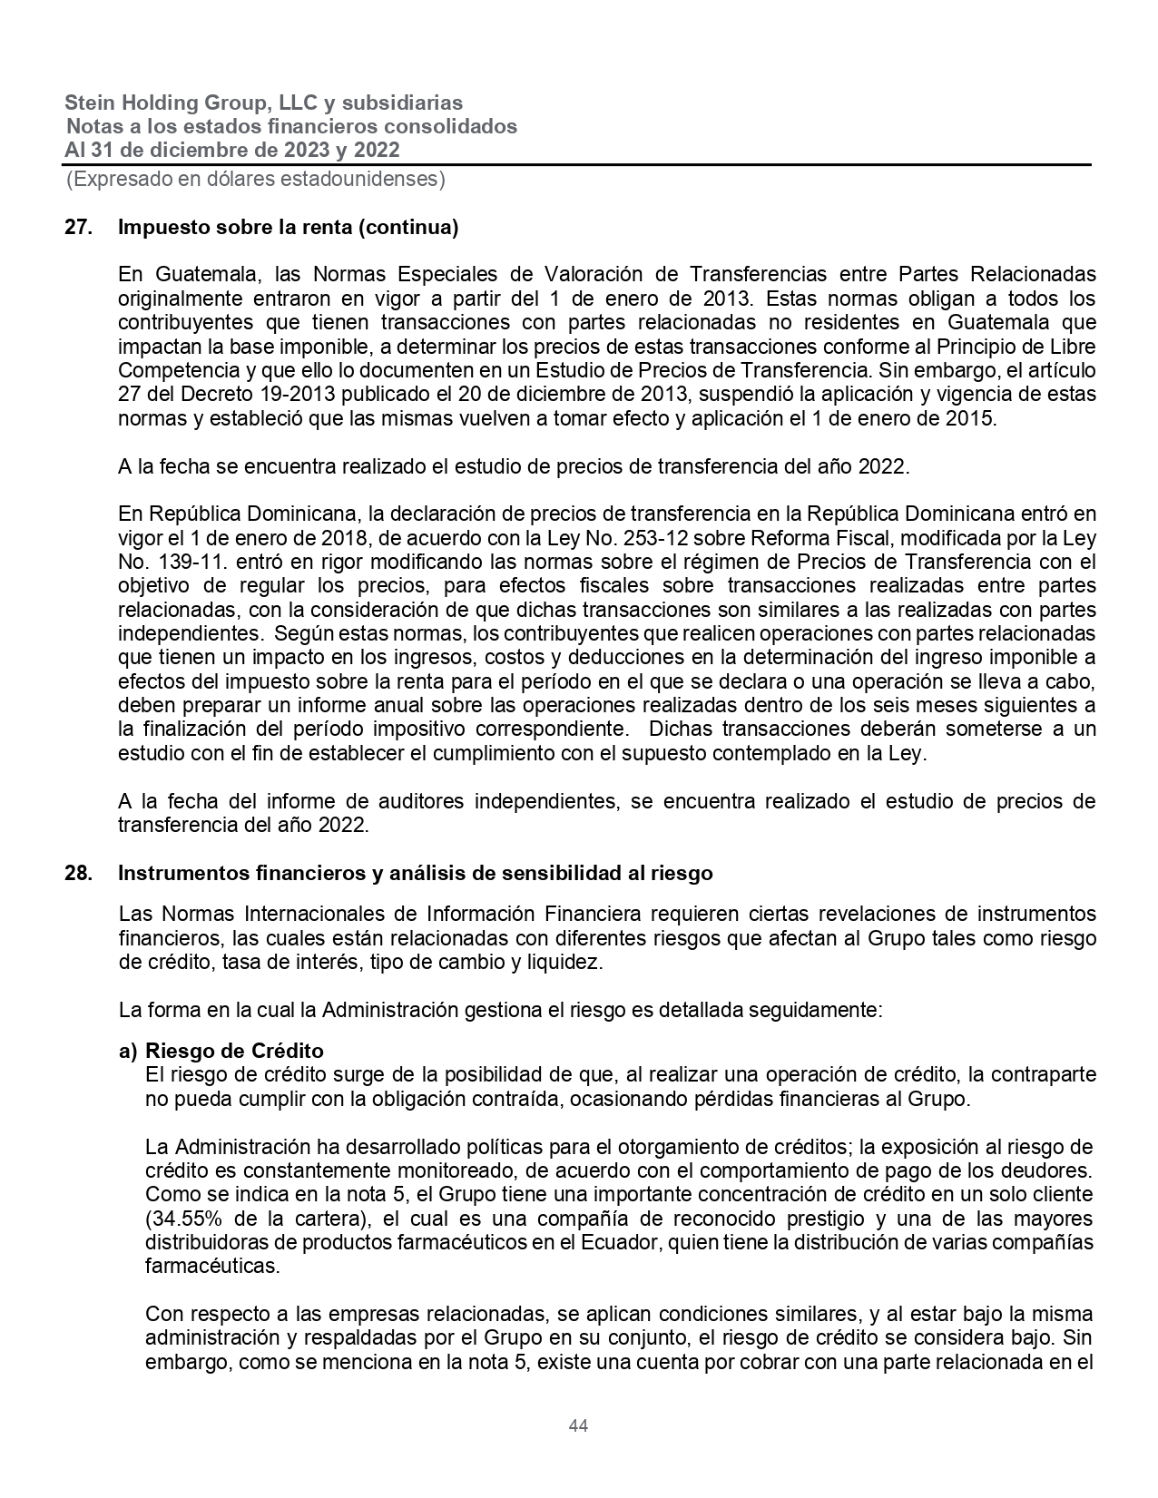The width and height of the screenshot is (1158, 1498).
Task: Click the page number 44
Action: pyautogui.click(x=578, y=1426)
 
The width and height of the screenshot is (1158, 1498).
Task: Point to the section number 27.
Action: pyautogui.click(x=78, y=227)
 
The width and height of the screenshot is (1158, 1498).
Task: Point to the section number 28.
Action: pyautogui.click(x=78, y=873)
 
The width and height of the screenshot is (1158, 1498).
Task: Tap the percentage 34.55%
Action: pyautogui.click(x=182, y=1218)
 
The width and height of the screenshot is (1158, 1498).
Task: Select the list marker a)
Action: pyautogui.click(x=128, y=1051)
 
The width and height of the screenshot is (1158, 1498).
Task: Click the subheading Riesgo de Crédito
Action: pyautogui.click(x=234, y=1051)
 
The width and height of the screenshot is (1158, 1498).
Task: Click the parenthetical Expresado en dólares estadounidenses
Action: pyautogui.click(x=255, y=179)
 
